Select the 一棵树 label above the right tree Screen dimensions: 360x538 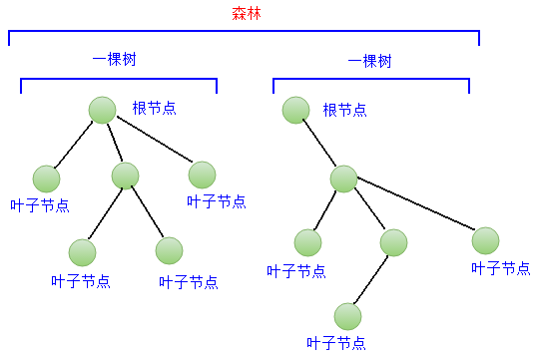[369, 61]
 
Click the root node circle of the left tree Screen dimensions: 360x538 [102, 110]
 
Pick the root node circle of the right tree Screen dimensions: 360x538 [294, 110]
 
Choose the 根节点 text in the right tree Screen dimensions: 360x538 [344, 109]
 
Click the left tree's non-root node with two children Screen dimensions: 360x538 [125, 176]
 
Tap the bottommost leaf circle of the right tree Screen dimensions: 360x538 [347, 316]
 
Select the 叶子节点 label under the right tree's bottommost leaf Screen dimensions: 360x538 [336, 343]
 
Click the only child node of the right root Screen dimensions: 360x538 [342, 179]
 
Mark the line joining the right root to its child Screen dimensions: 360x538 [318, 145]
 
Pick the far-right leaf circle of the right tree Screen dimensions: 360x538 [485, 240]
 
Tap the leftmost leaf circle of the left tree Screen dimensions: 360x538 [46, 179]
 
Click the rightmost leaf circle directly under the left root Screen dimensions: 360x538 [202, 175]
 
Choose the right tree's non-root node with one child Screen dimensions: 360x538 [393, 241]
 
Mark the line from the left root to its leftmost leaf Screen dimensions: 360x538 [73, 145]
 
